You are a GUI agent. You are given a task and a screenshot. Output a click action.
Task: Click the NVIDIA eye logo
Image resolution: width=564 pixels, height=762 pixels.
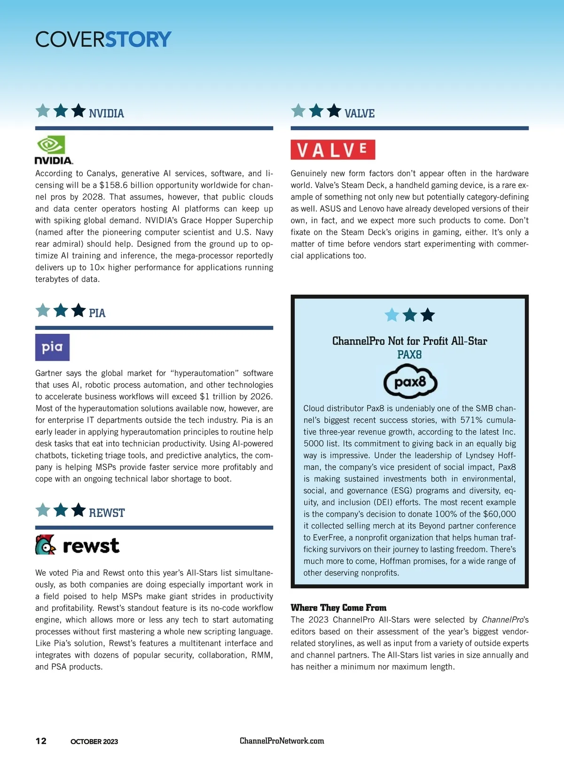(51, 145)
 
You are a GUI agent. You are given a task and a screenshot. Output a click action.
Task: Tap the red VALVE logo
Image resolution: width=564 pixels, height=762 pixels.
(333, 150)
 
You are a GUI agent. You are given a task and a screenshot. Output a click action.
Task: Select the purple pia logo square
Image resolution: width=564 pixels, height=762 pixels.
(52, 347)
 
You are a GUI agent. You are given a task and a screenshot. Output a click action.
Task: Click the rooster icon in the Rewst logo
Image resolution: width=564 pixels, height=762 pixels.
(45, 545)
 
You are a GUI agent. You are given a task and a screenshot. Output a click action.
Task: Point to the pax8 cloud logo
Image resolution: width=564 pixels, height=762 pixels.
(410, 382)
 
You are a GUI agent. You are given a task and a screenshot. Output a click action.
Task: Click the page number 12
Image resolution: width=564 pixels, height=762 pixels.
(41, 741)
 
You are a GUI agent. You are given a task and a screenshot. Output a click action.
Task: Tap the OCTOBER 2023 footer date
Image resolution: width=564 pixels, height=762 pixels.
(94, 742)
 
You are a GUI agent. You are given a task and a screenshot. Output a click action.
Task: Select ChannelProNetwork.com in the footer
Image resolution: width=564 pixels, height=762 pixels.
(282, 741)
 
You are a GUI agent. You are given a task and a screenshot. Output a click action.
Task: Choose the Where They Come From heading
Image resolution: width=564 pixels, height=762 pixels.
(338, 608)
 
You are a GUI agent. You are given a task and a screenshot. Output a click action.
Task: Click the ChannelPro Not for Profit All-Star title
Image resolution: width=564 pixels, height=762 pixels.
(409, 341)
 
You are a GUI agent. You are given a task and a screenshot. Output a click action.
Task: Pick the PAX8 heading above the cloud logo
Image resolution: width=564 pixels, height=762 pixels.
(409, 355)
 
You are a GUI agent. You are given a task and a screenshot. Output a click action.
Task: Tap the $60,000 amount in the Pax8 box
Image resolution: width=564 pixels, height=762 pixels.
(499, 514)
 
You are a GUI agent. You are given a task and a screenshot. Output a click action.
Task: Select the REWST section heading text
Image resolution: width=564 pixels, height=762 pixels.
(107, 513)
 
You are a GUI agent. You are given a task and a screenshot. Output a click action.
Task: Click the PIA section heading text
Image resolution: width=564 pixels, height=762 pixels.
(97, 313)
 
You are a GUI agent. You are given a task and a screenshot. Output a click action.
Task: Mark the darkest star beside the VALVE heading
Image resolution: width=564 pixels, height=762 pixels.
(334, 111)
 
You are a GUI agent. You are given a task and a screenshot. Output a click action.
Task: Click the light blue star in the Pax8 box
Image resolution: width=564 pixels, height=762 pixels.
(392, 315)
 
